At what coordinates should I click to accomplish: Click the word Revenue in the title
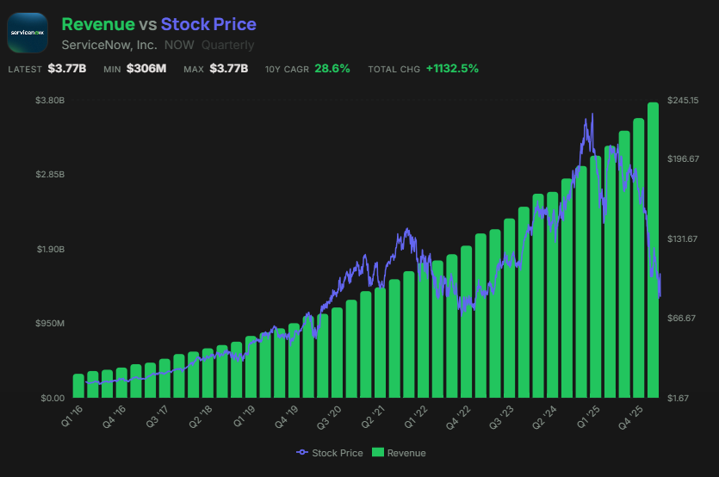pyautogui.click(x=98, y=24)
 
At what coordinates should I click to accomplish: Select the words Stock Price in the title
pyautogui.click(x=208, y=24)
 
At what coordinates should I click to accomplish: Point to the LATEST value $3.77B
pyautogui.click(x=67, y=68)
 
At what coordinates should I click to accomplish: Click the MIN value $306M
pyautogui.click(x=146, y=68)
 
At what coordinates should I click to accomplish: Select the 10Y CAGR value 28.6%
pyautogui.click(x=332, y=68)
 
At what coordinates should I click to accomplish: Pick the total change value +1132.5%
pyautogui.click(x=452, y=68)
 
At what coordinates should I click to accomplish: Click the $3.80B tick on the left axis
pyautogui.click(x=50, y=101)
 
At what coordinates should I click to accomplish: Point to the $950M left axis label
pyautogui.click(x=50, y=324)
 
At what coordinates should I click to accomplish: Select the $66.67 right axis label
pyautogui.click(x=685, y=319)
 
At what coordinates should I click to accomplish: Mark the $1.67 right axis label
pyautogui.click(x=682, y=398)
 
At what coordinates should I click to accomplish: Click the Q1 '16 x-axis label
pyautogui.click(x=72, y=417)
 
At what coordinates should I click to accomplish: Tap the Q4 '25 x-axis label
pyautogui.click(x=633, y=417)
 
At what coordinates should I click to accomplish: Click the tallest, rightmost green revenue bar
pyautogui.click(x=654, y=250)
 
